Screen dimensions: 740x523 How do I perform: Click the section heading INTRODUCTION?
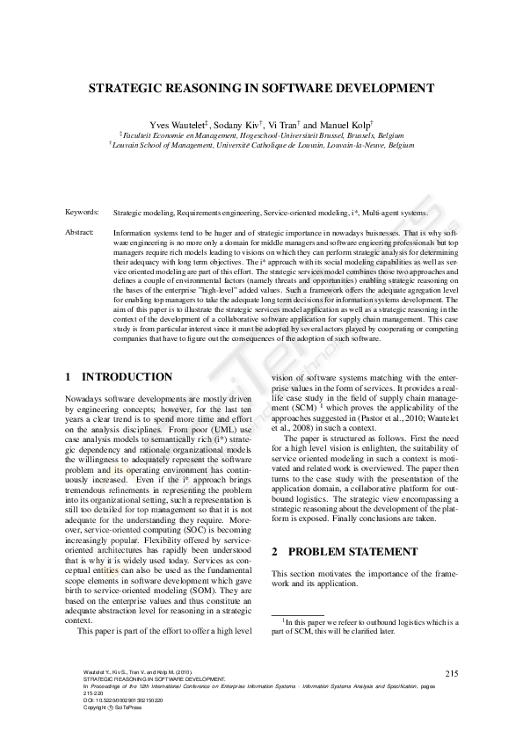pyautogui.click(x=127, y=377)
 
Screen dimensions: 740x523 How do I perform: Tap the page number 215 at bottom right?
pyautogui.click(x=452, y=672)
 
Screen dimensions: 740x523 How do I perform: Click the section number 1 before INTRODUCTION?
pyautogui.click(x=69, y=377)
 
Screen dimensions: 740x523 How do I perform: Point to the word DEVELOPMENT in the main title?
pyautogui.click(x=382, y=89)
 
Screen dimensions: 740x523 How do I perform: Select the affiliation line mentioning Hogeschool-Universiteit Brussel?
pyautogui.click(x=261, y=136)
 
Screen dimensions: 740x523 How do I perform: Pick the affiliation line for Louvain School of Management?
pyautogui.click(x=261, y=146)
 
